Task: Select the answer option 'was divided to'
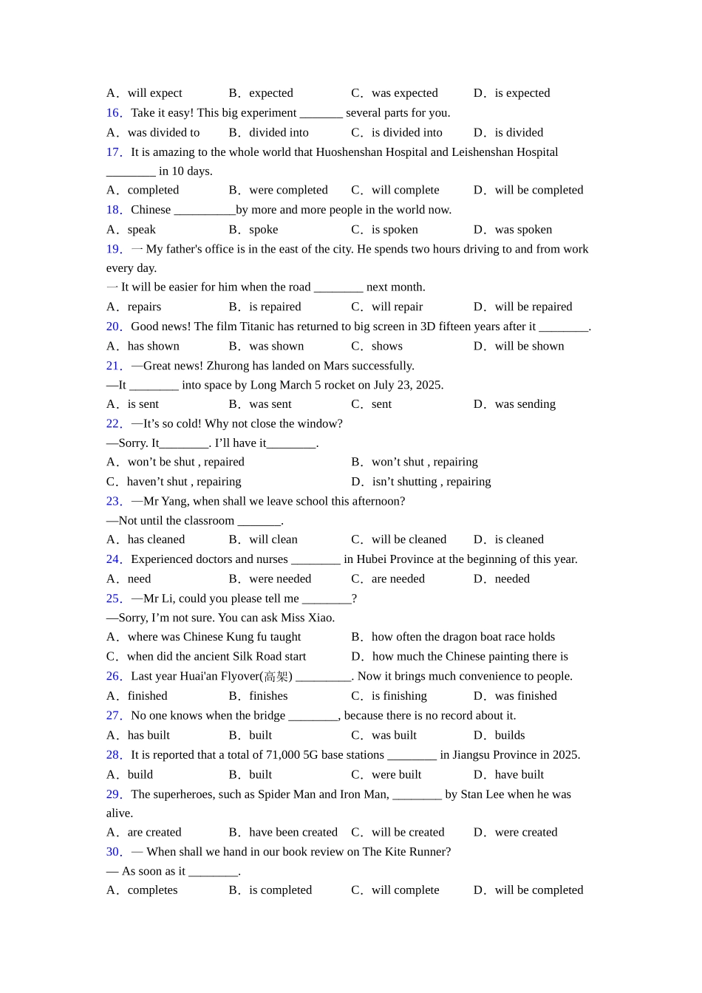(163, 133)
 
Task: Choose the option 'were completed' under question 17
(288, 190)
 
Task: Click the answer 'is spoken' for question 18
(395, 230)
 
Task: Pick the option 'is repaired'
(275, 307)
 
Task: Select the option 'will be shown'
(529, 347)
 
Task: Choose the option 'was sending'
(525, 404)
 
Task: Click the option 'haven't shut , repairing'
(184, 482)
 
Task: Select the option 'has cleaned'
(156, 539)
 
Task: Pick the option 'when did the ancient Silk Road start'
(216, 656)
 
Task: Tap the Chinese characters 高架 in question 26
(276, 676)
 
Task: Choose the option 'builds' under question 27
(510, 735)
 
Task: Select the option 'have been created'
(293, 832)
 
